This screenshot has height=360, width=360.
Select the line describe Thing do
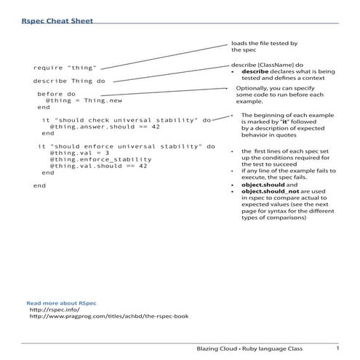69,81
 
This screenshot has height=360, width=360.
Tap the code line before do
56,94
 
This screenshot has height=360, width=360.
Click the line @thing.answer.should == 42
100,127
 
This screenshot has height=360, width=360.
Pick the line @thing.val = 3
79,153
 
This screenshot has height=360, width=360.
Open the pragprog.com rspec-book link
109,317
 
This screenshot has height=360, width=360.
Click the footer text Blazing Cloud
218,348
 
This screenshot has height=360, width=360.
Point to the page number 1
337,347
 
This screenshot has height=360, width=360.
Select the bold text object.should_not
268,191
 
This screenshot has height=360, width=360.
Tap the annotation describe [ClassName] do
262,65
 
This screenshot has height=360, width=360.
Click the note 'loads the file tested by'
264,44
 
